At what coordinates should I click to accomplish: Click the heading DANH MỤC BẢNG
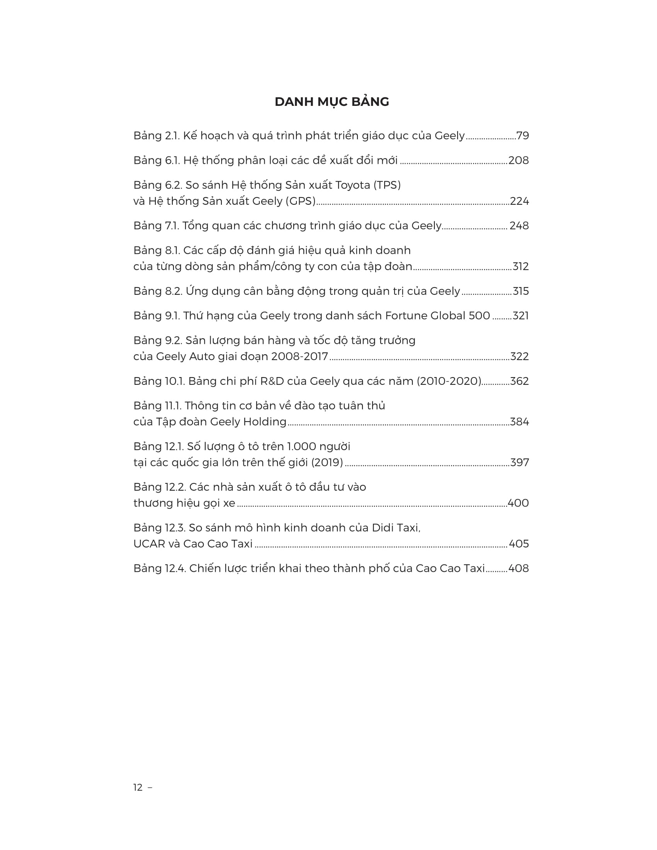[x=332, y=102]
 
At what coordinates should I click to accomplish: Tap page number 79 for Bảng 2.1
[x=523, y=136]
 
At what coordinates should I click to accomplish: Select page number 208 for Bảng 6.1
[x=518, y=160]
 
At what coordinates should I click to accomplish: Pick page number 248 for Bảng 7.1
[x=519, y=226]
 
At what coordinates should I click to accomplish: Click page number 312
[x=521, y=267]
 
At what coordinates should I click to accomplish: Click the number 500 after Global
[x=479, y=316]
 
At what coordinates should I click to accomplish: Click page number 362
[x=519, y=381]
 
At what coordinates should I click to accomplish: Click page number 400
[x=518, y=503]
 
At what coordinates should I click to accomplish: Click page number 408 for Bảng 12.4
[x=518, y=569]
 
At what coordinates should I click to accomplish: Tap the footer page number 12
[x=138, y=788]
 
